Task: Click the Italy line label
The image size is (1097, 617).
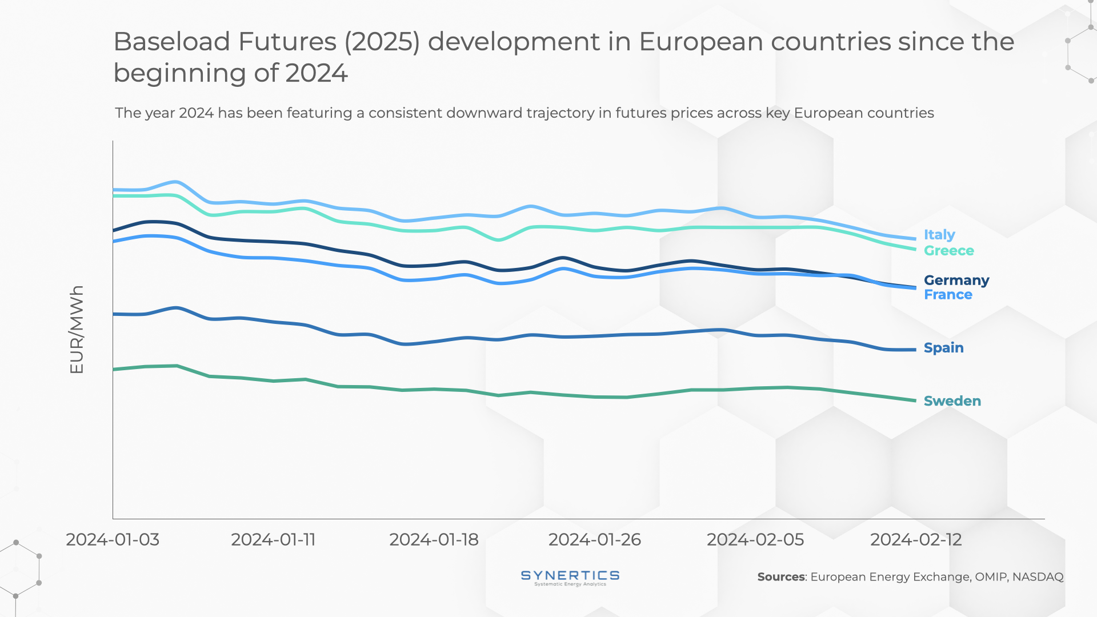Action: click(939, 235)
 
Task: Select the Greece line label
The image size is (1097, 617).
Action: click(948, 251)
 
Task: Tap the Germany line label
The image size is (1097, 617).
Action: click(956, 281)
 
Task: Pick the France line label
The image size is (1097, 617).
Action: click(948, 295)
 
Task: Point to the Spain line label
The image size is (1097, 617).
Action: click(943, 348)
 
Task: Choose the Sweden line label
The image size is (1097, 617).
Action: click(952, 401)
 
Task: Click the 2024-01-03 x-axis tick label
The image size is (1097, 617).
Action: click(113, 540)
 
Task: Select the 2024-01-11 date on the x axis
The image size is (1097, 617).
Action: click(273, 540)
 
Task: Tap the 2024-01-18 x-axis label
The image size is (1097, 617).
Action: click(434, 540)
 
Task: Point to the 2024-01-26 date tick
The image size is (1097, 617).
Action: click(594, 540)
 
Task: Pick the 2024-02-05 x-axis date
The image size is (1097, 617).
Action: click(755, 540)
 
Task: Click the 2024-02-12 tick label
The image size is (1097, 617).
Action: click(916, 540)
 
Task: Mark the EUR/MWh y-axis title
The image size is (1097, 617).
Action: click(77, 330)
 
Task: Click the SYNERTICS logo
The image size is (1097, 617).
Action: click(570, 578)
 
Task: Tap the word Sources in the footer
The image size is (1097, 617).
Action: click(780, 577)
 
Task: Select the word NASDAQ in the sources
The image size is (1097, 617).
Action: click(1038, 577)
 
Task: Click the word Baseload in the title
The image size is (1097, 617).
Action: click(171, 42)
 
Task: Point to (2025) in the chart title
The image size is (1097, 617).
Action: click(382, 42)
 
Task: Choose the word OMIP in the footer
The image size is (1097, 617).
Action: click(990, 577)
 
